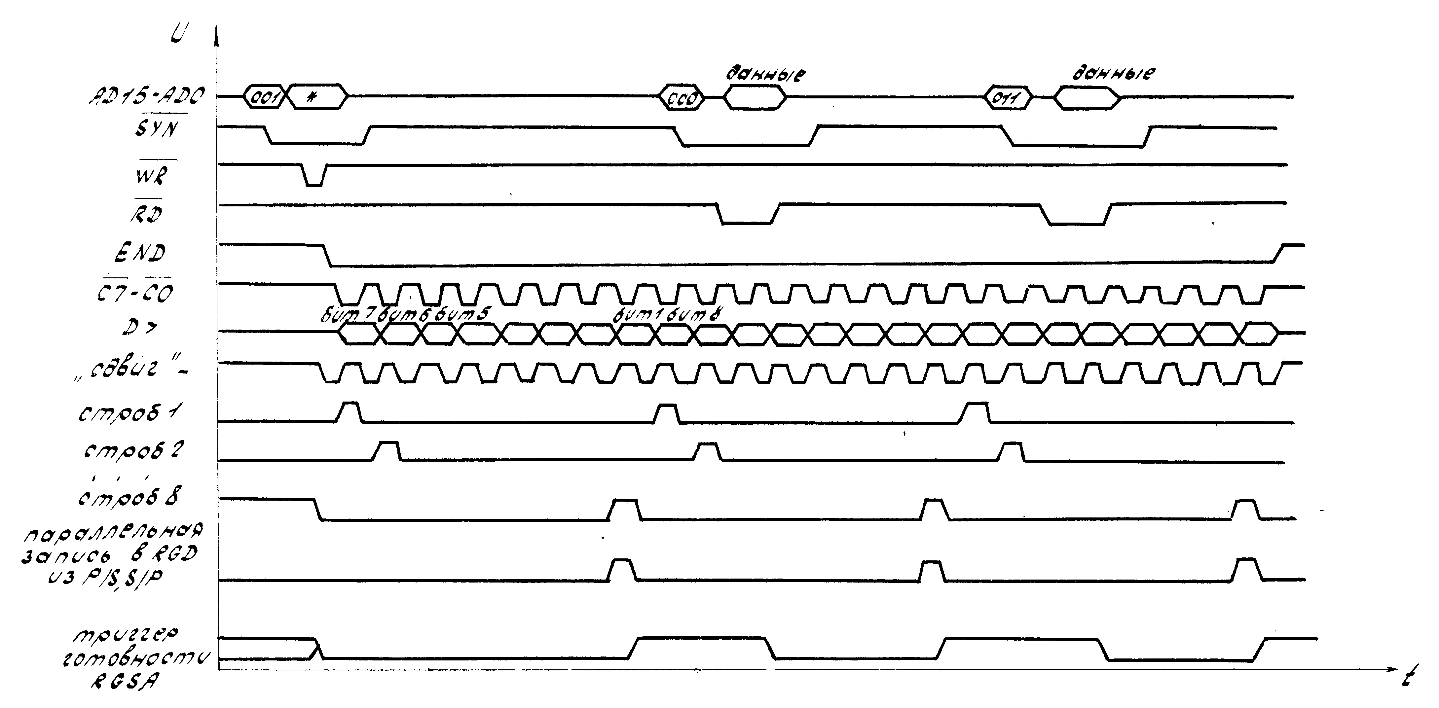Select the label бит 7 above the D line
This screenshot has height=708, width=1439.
[x=348, y=315]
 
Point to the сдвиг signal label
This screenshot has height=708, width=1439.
[x=131, y=369]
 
